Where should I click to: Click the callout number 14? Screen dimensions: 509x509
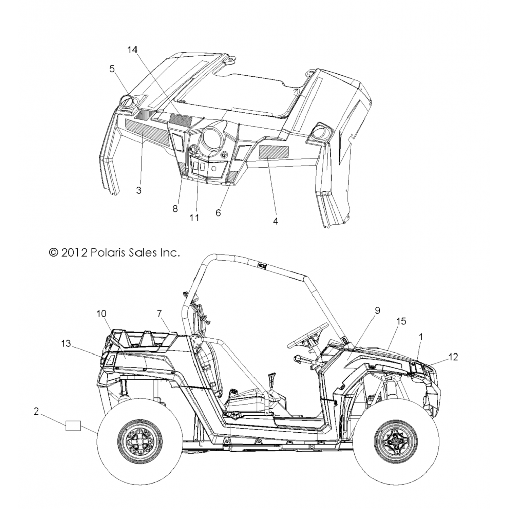pos(132,50)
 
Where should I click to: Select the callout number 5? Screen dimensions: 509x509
pos(112,69)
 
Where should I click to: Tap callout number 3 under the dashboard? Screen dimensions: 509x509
pos(138,190)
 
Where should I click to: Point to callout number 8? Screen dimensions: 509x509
pos(175,209)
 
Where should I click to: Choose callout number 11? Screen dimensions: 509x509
pos(194,218)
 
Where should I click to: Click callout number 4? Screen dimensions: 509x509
pos(276,221)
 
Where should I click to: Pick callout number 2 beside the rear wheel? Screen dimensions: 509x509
pos(36,411)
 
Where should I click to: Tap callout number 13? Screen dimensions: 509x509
pos(66,343)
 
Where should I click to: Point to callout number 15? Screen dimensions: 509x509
pos(401,321)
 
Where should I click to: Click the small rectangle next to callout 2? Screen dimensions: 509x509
pos(73,426)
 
